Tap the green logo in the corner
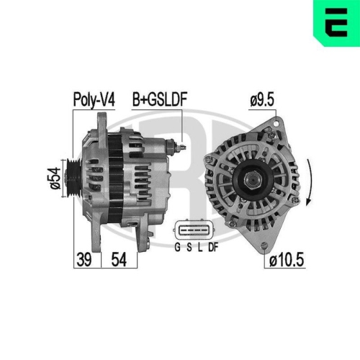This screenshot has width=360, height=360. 336,21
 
